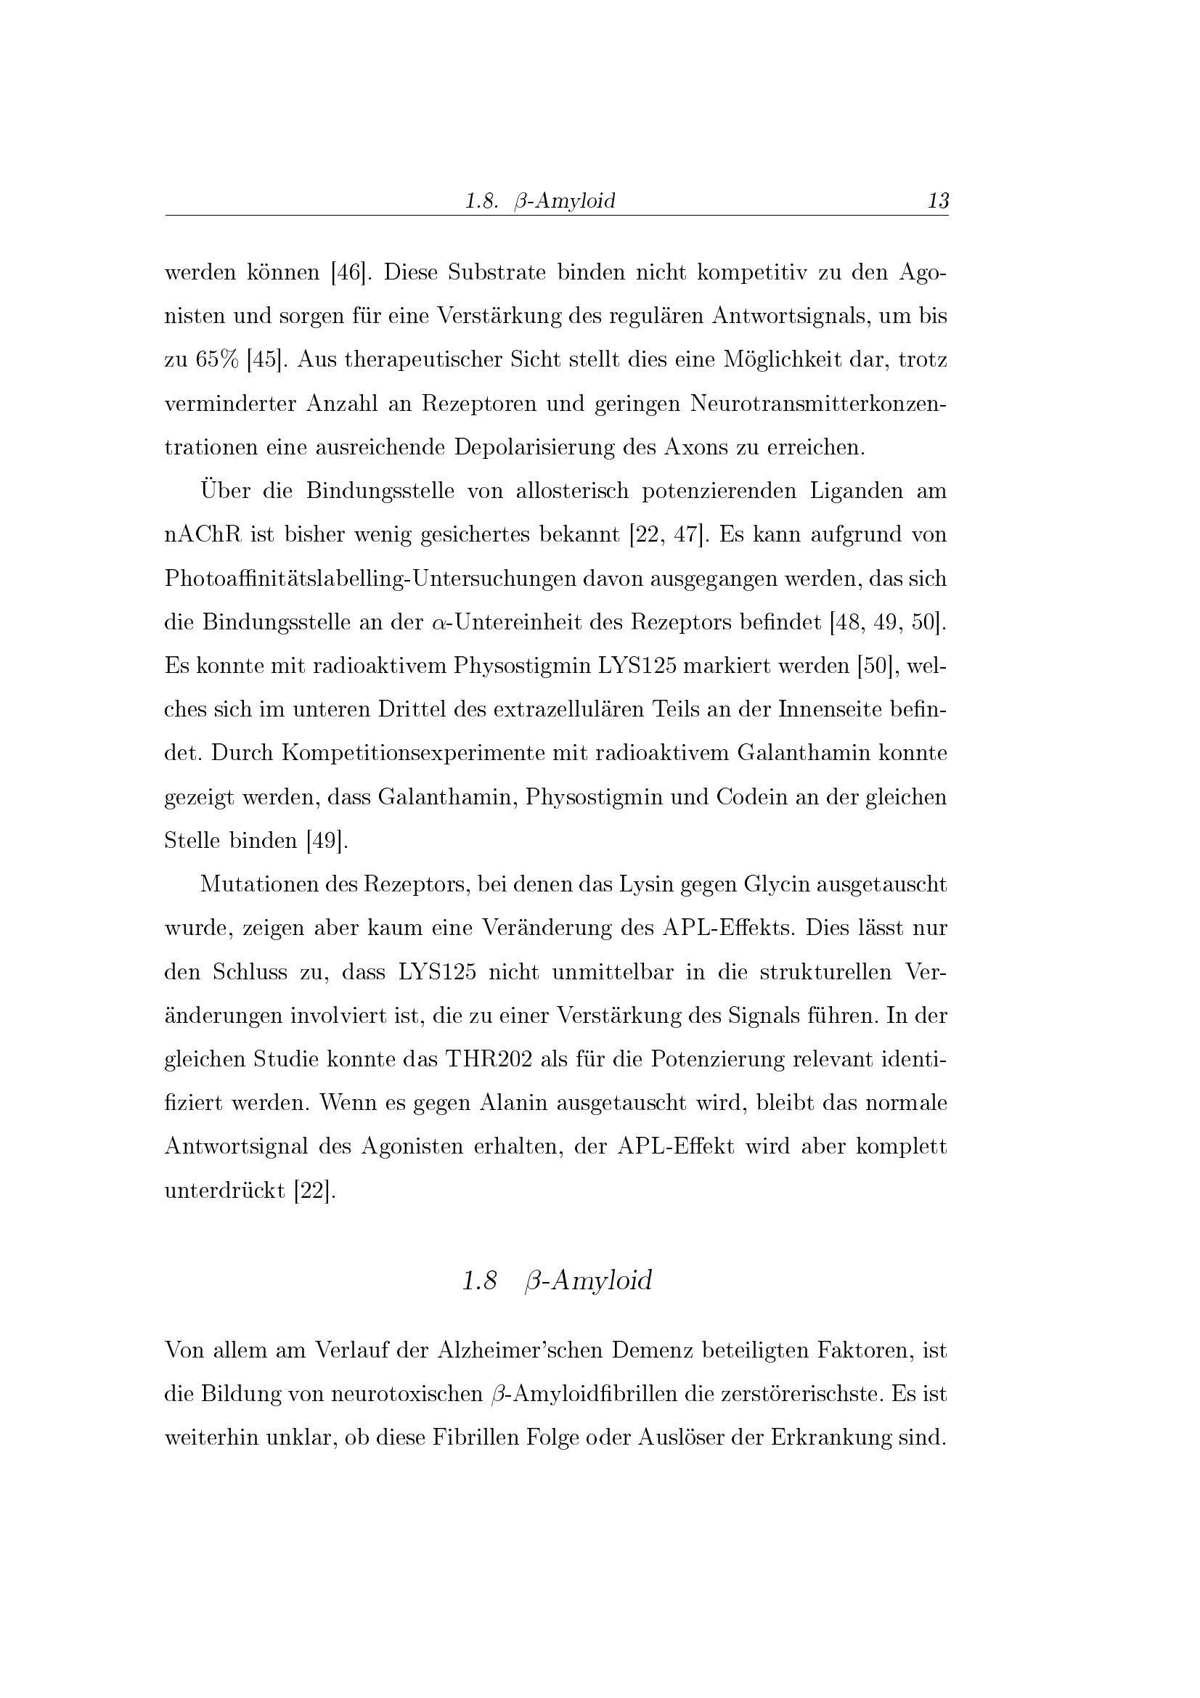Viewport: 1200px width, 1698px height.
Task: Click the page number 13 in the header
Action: coord(937,200)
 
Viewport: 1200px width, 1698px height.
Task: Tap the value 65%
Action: coord(217,360)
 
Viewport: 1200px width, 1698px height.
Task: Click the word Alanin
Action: coord(513,1103)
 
